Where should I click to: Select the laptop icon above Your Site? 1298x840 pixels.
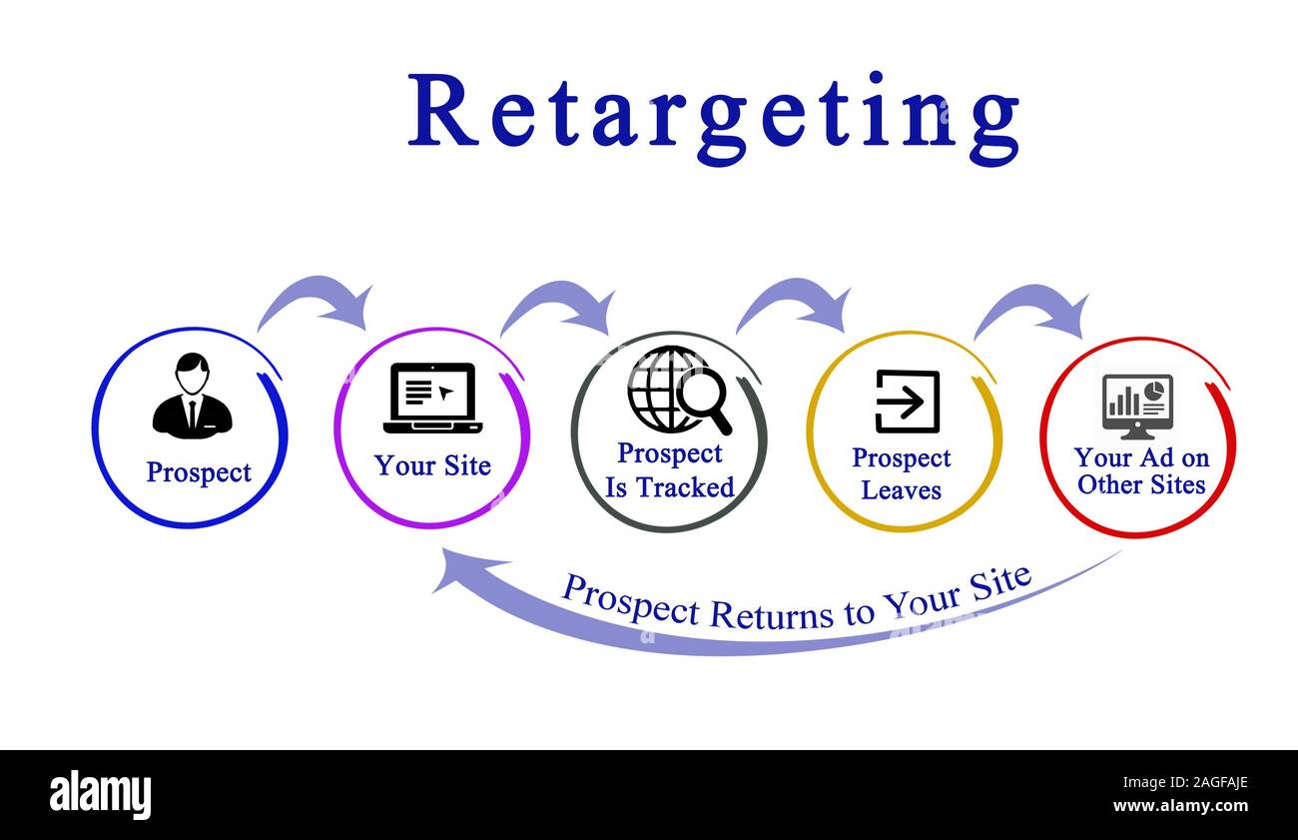pos(432,398)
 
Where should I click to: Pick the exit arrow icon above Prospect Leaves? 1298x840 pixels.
pos(907,401)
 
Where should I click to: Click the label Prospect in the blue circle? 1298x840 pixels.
pos(198,471)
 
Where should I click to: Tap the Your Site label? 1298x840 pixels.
pos(432,465)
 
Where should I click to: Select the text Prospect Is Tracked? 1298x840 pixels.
pos(669,469)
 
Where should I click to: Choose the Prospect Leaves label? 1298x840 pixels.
pos(901,473)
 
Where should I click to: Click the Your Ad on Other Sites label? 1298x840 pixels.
pos(1140,470)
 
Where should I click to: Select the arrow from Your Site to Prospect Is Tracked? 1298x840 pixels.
pos(558,304)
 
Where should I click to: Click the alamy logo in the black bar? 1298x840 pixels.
pos(100,794)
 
